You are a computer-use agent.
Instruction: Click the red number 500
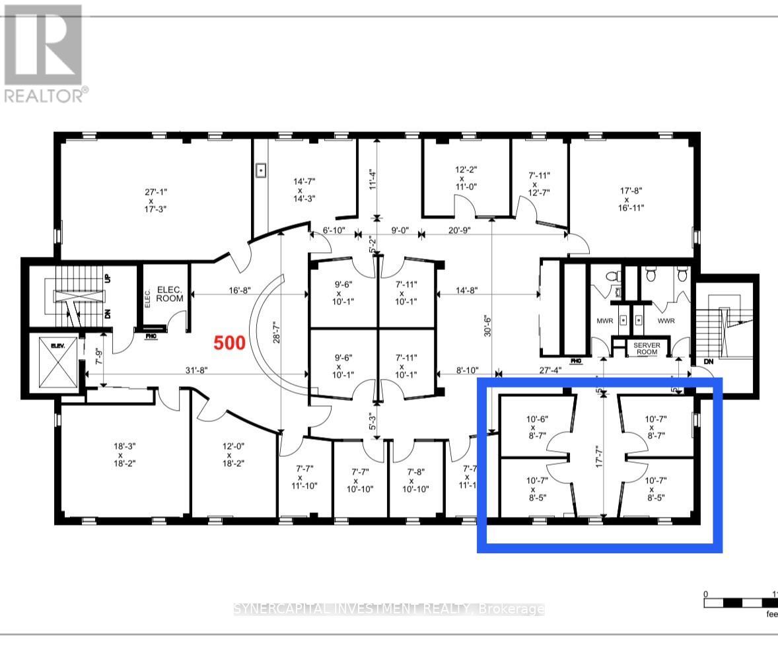(x=229, y=343)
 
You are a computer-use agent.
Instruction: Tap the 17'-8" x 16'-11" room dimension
(x=631, y=199)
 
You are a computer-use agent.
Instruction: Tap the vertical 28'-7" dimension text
(x=277, y=327)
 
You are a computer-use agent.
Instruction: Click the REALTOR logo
(x=44, y=53)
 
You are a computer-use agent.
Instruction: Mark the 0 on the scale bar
(x=705, y=594)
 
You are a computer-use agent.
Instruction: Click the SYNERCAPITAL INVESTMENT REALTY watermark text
(x=389, y=609)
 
